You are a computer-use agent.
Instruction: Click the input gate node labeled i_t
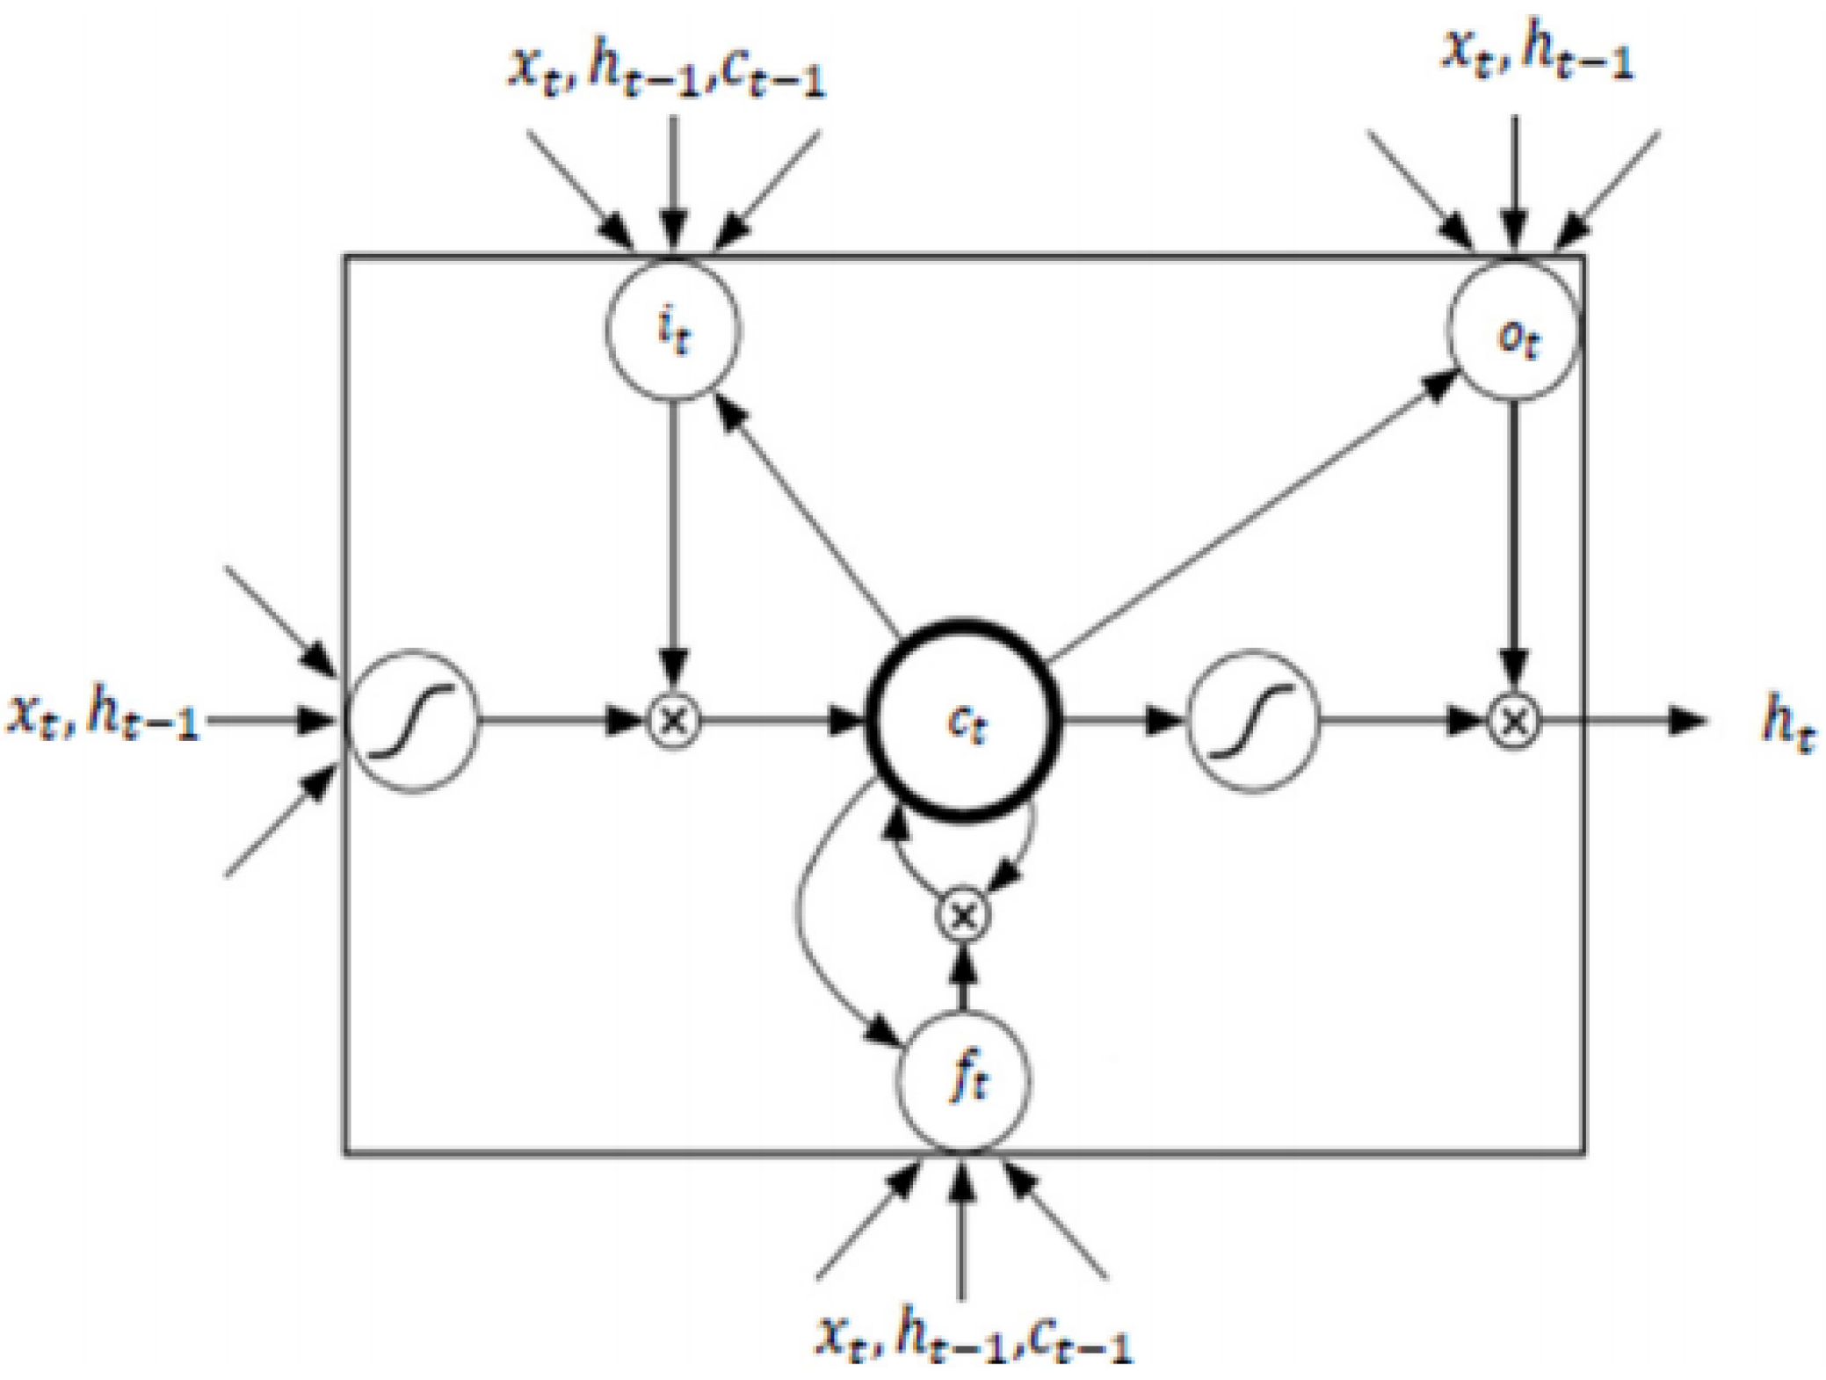point(673,330)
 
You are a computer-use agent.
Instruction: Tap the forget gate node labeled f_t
point(964,1079)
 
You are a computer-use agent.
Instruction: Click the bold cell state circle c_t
point(964,721)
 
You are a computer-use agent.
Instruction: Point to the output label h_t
point(1787,724)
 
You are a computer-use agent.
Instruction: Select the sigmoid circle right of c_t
point(1252,721)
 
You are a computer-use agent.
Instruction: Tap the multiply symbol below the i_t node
point(673,721)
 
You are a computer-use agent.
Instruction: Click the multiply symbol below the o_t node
point(1513,721)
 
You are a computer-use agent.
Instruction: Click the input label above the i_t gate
point(668,70)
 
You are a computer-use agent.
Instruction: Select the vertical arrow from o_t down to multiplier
point(1513,536)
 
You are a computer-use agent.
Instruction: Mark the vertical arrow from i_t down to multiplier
point(673,536)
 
